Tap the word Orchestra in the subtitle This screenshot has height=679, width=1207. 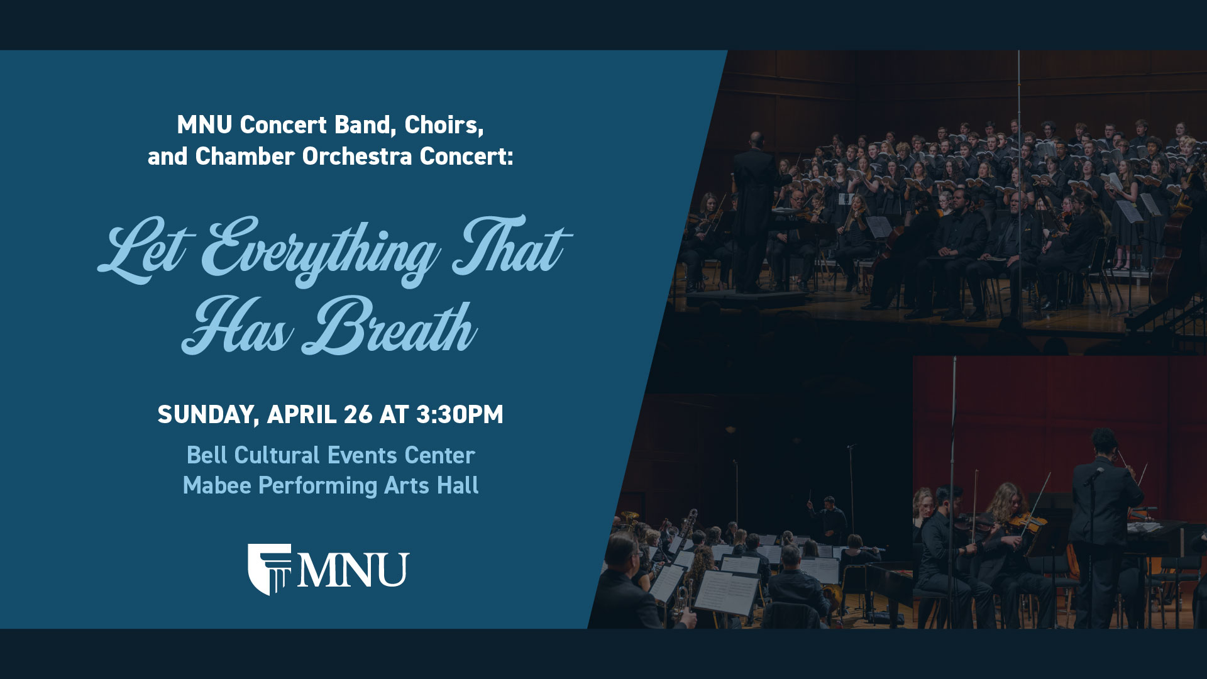(x=357, y=157)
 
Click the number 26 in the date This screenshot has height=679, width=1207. (x=358, y=415)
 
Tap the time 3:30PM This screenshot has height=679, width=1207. (x=460, y=415)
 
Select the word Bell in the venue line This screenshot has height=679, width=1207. (x=207, y=455)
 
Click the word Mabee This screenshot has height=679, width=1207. (x=217, y=485)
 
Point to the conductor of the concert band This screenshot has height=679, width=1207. (x=830, y=519)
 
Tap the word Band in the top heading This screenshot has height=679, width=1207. (x=365, y=125)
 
